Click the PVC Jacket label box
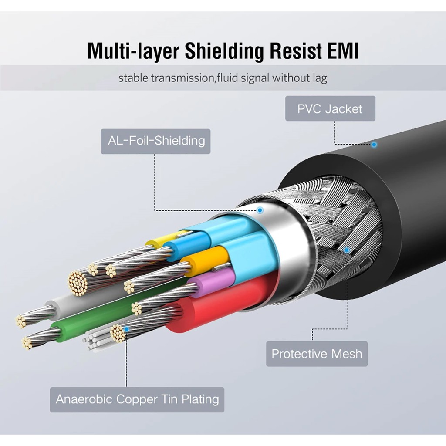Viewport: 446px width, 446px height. [x=330, y=108]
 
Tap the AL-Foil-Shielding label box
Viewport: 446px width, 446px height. [x=155, y=141]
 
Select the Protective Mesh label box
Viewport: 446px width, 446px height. [x=317, y=353]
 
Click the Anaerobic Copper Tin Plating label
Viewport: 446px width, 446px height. [x=137, y=399]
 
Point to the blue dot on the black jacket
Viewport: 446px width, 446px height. [x=374, y=144]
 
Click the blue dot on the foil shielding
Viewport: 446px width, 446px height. [x=260, y=210]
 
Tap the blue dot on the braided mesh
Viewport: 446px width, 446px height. [x=347, y=250]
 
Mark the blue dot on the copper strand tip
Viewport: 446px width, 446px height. [x=126, y=329]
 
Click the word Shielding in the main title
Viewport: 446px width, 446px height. [x=224, y=51]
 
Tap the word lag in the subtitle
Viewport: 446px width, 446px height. [x=320, y=79]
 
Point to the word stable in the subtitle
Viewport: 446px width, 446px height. [x=133, y=79]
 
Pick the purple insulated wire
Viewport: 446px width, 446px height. [x=213, y=283]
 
